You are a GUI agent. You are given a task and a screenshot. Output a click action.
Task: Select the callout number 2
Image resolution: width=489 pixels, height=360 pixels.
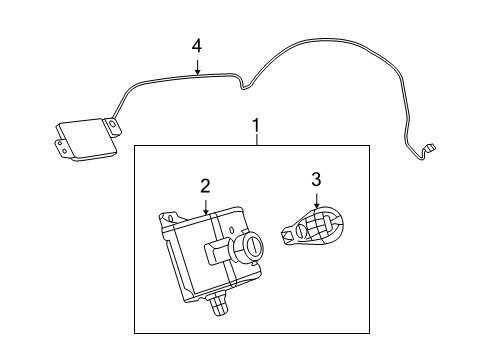click(205, 185)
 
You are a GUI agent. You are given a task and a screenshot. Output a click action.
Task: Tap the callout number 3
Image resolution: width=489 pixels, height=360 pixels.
click(316, 180)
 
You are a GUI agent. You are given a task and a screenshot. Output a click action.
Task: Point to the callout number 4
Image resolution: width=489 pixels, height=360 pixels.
click(197, 45)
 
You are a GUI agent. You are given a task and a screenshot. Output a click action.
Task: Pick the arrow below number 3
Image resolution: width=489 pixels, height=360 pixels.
click(316, 200)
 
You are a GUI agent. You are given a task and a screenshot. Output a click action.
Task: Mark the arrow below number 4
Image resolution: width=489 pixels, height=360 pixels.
click(197, 67)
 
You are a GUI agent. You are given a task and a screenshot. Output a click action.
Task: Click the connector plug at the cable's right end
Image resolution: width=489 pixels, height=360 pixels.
click(427, 150)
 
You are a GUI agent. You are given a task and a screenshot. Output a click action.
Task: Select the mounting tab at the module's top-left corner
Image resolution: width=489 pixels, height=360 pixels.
click(166, 215)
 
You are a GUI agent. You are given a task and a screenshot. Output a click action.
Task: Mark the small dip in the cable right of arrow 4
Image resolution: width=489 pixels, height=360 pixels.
click(242, 87)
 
